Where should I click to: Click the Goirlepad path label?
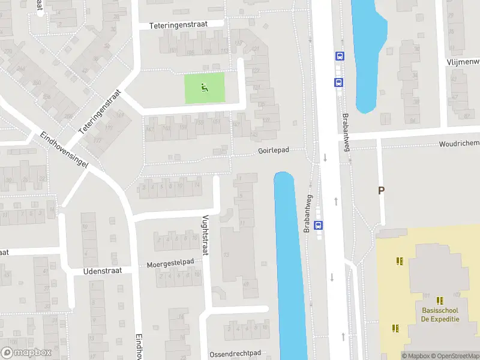coord(274,151)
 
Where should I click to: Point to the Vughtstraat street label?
coord(205,235)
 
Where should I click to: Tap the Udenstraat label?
coord(103,271)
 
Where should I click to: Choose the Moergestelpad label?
coord(170,263)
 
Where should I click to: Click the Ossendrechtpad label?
coord(235,354)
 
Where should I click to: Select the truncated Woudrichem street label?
coord(459,143)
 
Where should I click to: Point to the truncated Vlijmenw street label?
coord(463,62)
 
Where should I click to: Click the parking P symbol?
coord(380,191)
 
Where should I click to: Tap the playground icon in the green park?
coord(205,88)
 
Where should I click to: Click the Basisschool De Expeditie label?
coord(440,314)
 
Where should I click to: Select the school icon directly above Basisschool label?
coord(440,301)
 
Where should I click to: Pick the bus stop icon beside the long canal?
coord(318,226)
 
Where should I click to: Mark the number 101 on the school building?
coord(427,295)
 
